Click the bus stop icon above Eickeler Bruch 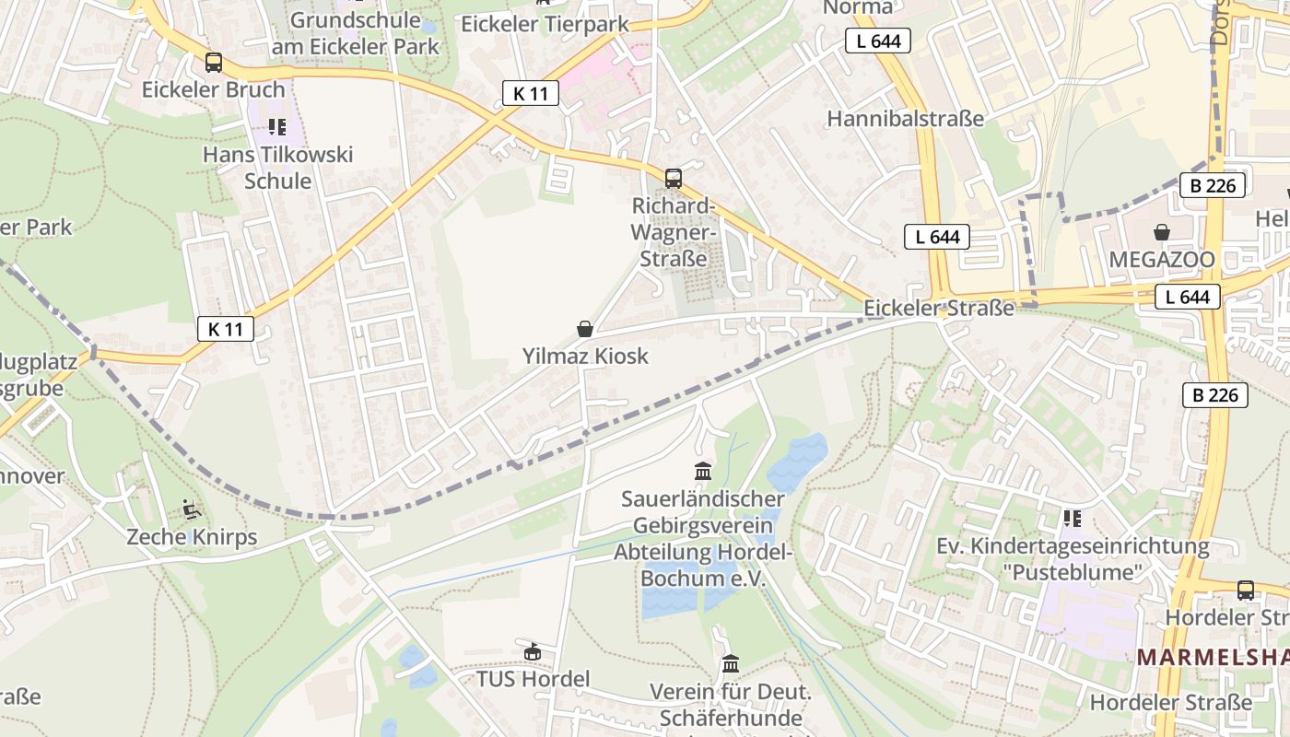213,63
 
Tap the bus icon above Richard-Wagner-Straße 674,178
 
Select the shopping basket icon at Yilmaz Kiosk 584,329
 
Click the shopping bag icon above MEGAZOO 1162,232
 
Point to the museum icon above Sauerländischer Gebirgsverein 703,472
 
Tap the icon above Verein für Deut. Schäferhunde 731,663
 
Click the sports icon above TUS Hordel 532,652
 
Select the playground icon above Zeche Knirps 191,509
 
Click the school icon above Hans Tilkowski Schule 277,126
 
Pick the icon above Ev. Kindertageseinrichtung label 1072,519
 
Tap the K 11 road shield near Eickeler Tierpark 531,93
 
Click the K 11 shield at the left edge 225,329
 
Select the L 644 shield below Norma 878,41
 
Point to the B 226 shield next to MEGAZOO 1213,185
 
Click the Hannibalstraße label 905,119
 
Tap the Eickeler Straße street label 939,308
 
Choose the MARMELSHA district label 1212,657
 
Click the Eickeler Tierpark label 545,24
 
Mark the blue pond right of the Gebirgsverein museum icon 798,462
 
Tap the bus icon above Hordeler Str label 1246,590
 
